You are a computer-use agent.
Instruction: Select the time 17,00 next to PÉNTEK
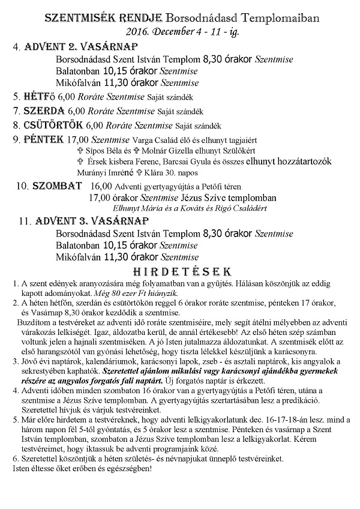77,140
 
